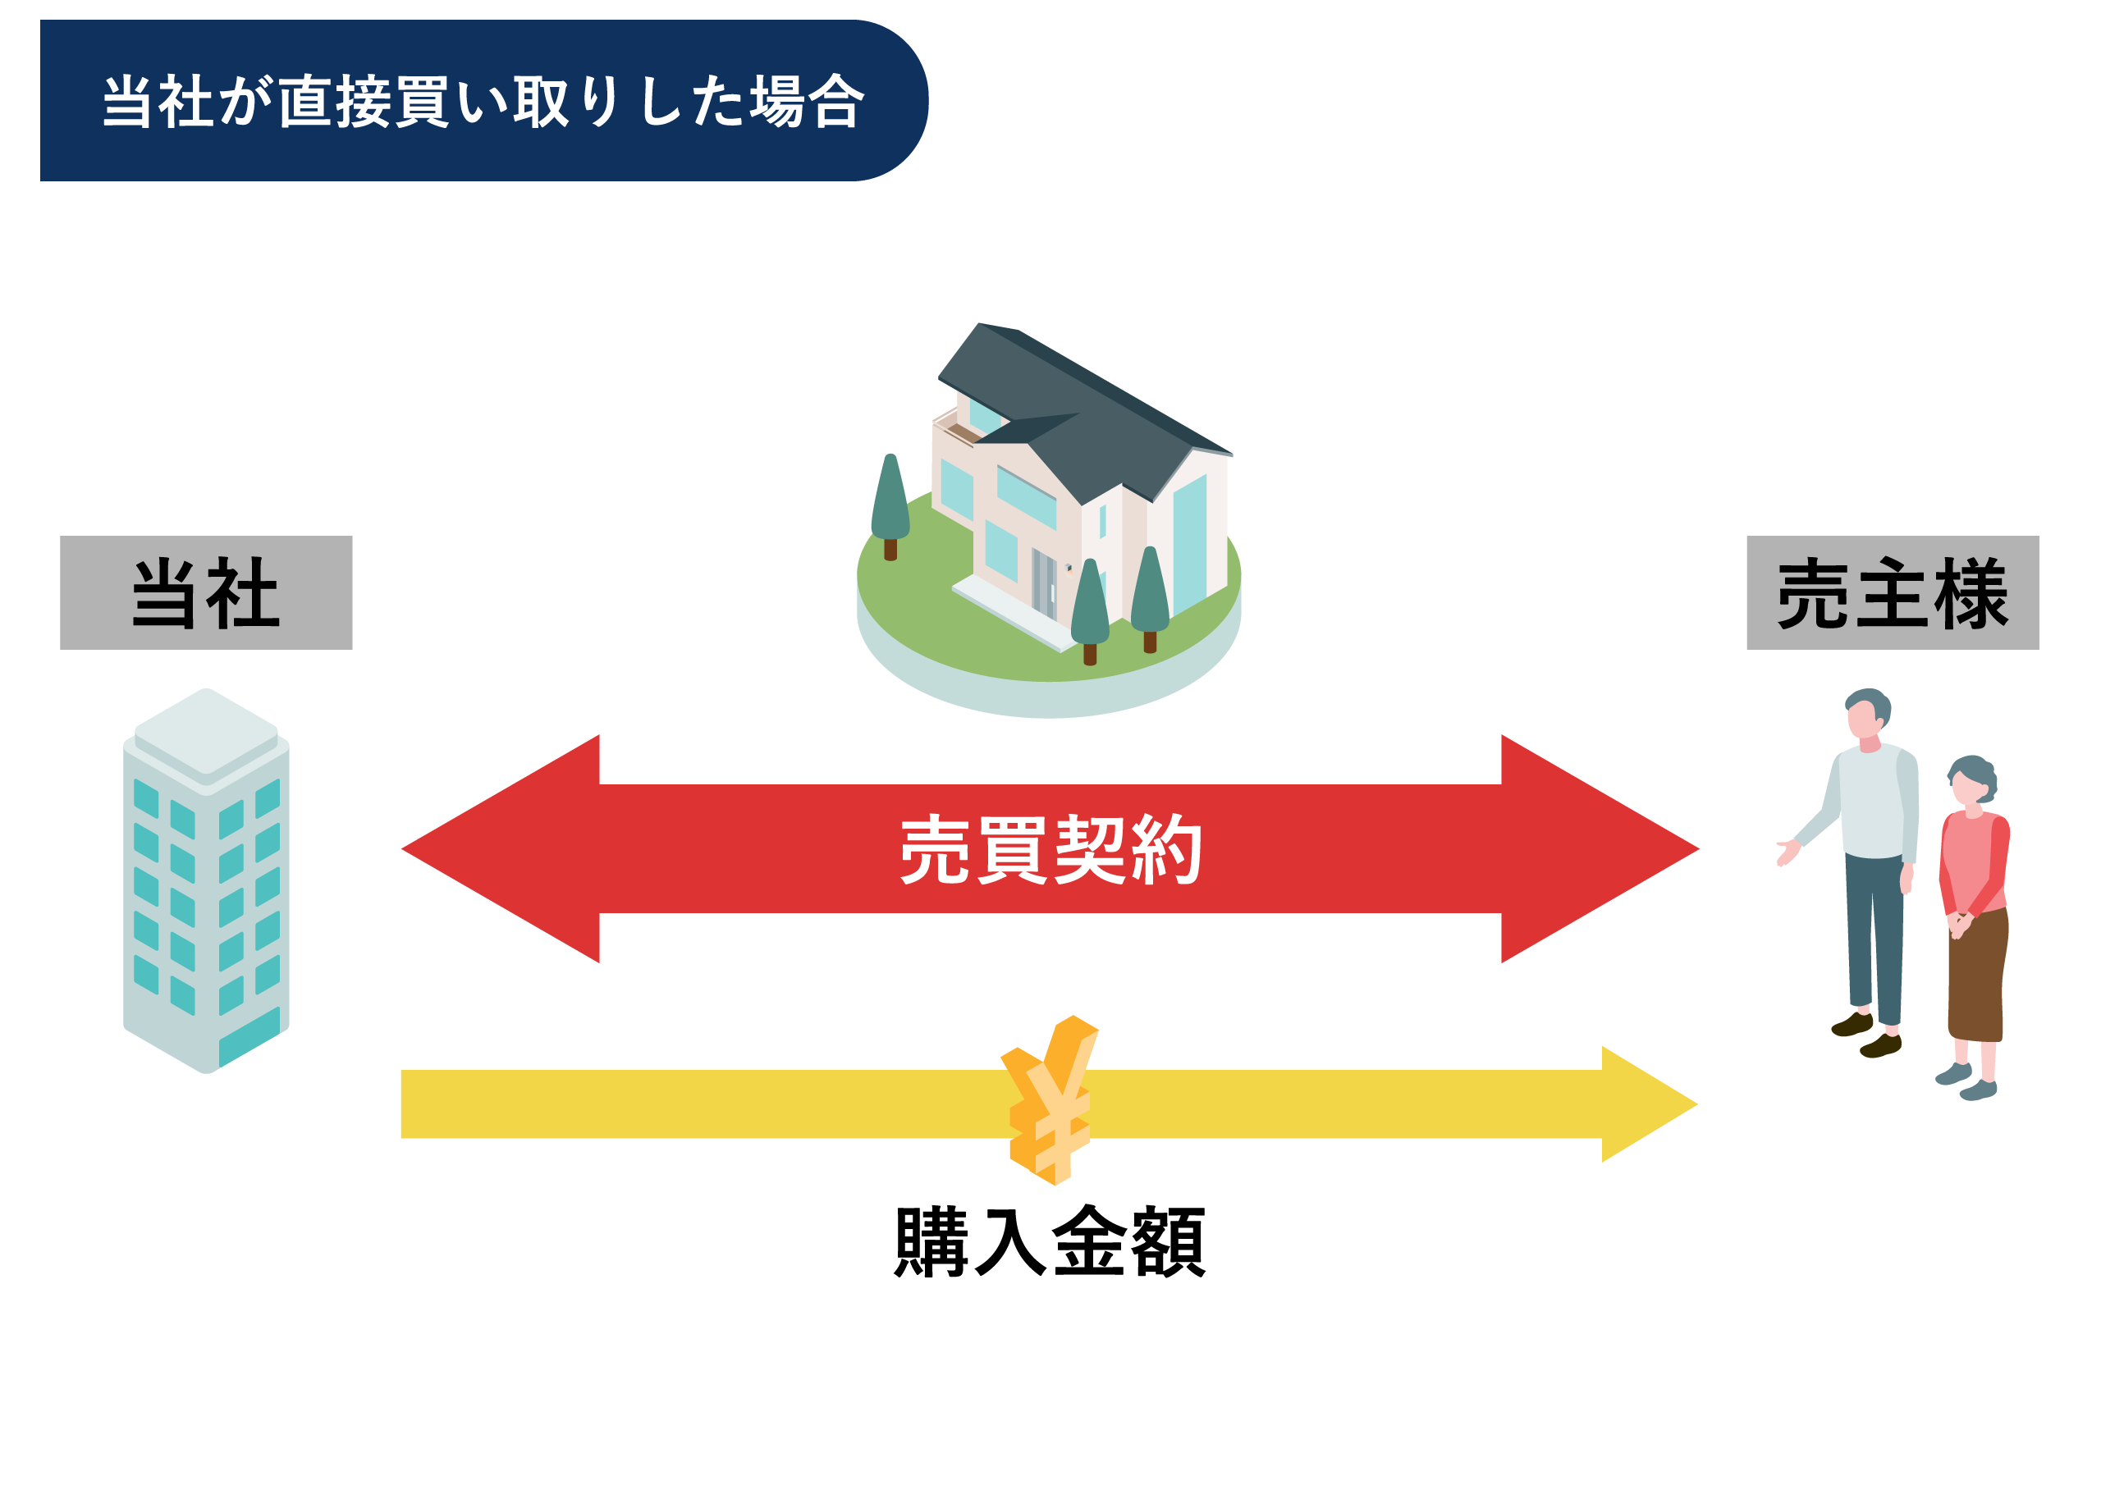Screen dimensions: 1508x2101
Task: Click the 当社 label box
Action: (206, 593)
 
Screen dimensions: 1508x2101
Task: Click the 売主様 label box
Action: (1892, 593)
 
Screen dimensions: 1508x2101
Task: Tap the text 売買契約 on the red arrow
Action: (1050, 849)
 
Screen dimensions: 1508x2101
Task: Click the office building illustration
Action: (206, 889)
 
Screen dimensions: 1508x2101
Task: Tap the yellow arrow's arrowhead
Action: (1645, 1104)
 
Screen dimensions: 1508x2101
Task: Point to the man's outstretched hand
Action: (1786, 852)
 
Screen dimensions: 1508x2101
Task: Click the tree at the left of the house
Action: (890, 505)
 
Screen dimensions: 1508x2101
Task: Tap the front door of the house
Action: (1044, 583)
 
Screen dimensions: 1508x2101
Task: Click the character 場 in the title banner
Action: (776, 101)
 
